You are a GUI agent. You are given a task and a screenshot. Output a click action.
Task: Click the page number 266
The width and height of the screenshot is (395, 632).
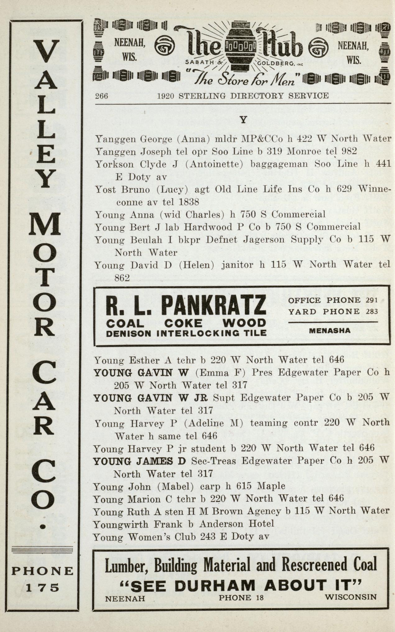[x=102, y=96]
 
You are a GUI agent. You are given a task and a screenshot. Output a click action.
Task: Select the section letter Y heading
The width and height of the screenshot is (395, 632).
[x=243, y=120]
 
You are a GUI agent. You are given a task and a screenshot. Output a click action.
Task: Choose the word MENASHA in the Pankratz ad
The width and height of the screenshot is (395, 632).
[x=330, y=331]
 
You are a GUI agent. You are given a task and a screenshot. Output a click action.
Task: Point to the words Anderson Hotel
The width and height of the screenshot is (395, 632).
[x=237, y=524]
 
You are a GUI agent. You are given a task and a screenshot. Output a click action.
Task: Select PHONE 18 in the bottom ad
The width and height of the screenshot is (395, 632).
[x=241, y=598]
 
